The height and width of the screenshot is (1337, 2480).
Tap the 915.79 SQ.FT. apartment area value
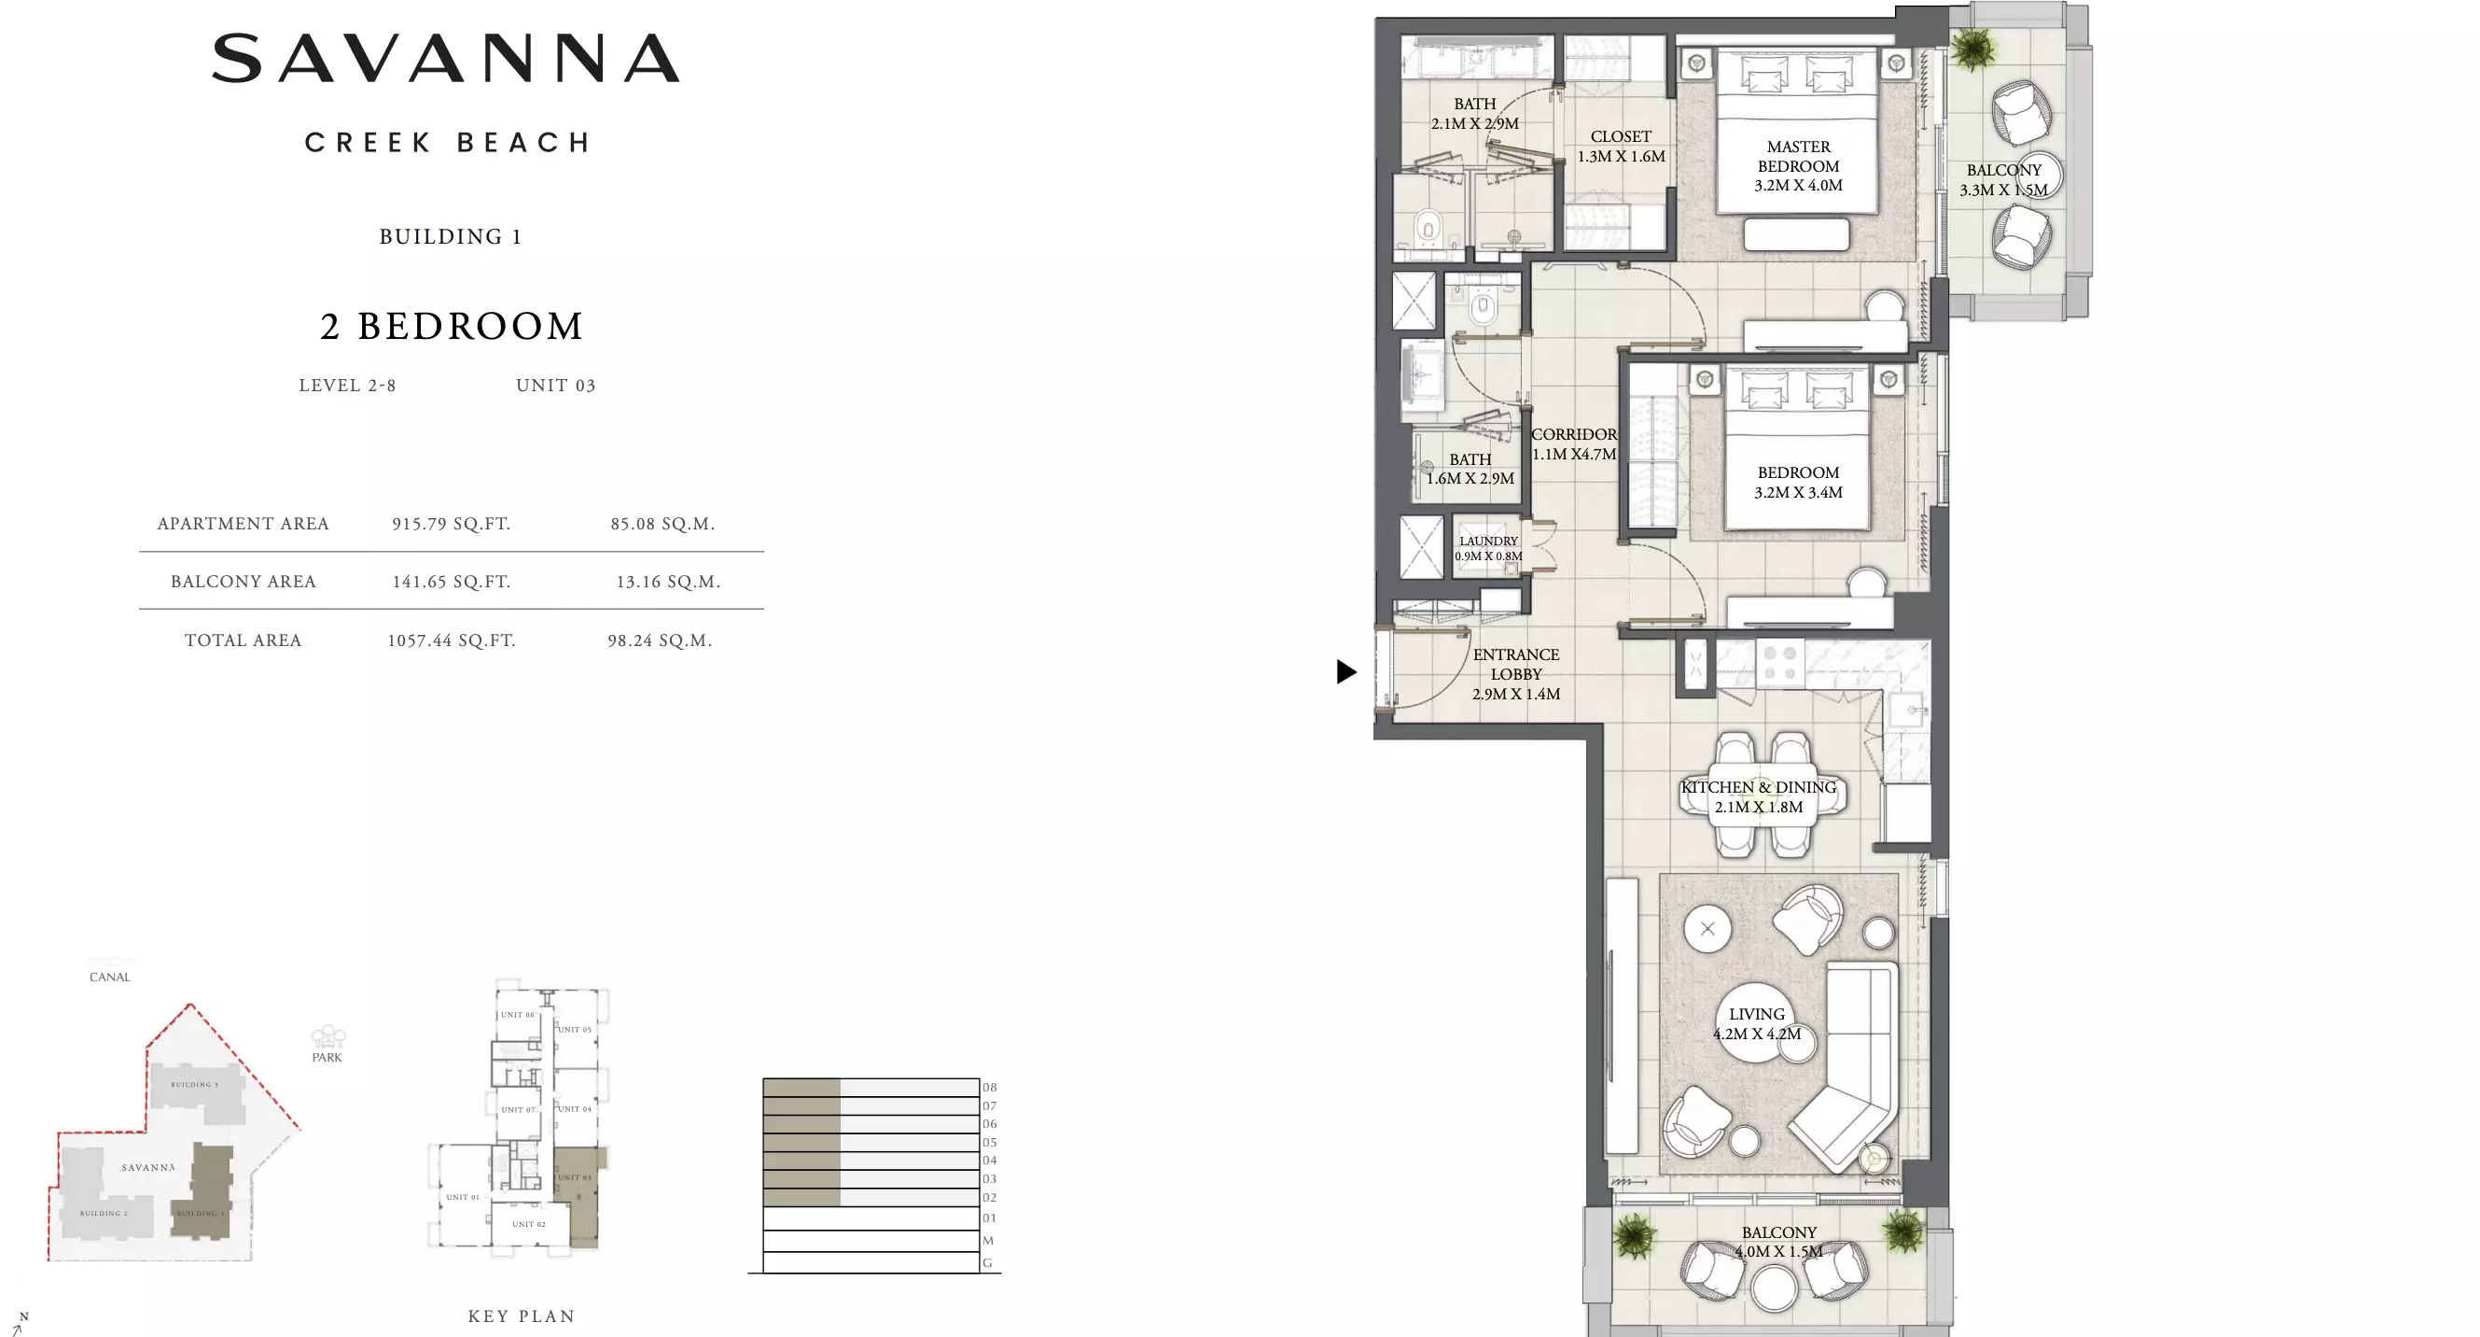click(451, 524)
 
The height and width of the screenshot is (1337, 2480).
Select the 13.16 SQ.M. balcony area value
click(667, 582)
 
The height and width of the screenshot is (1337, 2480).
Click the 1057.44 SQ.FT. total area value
click(451, 640)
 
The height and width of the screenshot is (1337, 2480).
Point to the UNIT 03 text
click(555, 386)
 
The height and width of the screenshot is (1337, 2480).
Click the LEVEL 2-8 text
click(346, 386)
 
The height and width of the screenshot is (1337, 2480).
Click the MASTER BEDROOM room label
click(1797, 165)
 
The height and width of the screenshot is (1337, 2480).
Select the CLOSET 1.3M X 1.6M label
click(1621, 147)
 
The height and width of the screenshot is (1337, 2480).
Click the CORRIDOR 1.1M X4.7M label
click(1573, 444)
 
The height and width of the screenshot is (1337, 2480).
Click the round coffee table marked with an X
click(1707, 929)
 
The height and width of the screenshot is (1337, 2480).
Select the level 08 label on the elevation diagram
click(989, 1088)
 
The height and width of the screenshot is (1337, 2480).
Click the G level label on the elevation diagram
click(987, 1263)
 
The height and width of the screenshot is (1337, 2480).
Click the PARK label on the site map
click(327, 1057)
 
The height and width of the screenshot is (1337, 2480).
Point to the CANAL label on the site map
click(110, 977)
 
